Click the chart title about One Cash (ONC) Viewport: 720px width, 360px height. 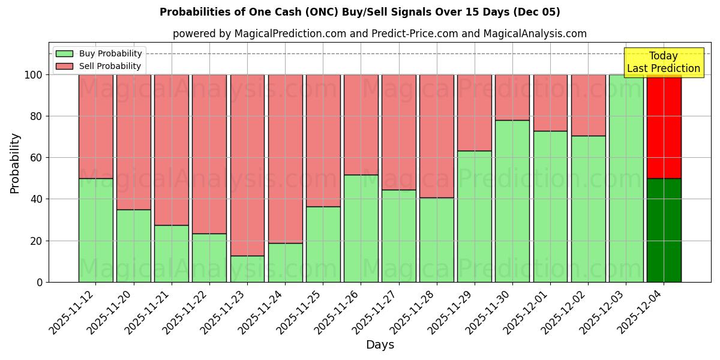pos(359,12)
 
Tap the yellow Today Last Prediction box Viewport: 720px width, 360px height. pos(663,62)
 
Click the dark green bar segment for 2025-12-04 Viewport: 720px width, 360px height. pos(664,230)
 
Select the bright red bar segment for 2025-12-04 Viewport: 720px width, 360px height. pos(664,126)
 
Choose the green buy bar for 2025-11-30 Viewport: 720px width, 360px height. pos(512,201)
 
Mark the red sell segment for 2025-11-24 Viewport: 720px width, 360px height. pos(285,158)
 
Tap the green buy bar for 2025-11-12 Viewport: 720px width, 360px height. pos(95,230)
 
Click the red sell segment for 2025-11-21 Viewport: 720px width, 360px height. pos(171,149)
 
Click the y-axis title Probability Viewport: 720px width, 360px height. pos(15,163)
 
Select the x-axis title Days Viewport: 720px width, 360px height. pos(380,345)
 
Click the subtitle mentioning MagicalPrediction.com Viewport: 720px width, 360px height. pos(379,34)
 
